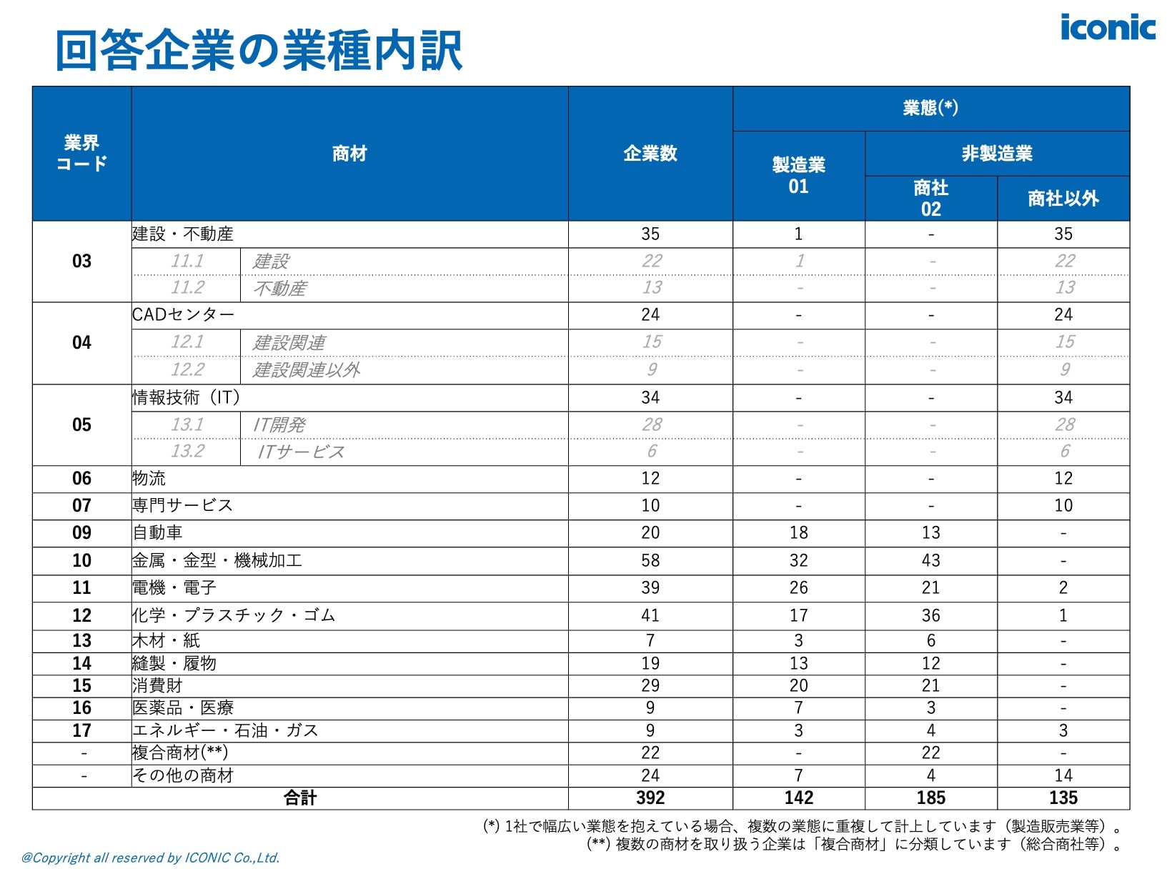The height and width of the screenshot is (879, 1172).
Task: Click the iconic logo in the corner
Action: pyautogui.click(x=1107, y=28)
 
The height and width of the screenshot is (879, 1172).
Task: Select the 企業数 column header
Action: pyautogui.click(x=650, y=154)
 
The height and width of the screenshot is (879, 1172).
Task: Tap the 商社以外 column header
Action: pyautogui.click(x=1063, y=198)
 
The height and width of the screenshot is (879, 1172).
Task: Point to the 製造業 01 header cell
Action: pyautogui.click(x=798, y=176)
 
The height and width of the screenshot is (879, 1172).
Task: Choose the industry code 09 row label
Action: pyautogui.click(x=81, y=533)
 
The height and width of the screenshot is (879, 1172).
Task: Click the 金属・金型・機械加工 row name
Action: pyautogui.click(x=217, y=560)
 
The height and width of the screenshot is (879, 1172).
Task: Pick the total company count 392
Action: pyautogui.click(x=650, y=798)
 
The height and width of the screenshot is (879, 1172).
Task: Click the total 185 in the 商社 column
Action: pyautogui.click(x=930, y=798)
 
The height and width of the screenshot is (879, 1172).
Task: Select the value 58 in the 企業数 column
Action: pyautogui.click(x=650, y=560)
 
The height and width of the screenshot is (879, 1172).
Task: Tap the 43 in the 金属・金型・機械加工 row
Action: pyautogui.click(x=930, y=560)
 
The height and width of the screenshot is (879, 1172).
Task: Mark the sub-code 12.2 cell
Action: pyautogui.click(x=187, y=369)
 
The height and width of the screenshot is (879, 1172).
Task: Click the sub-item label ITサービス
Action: pyautogui.click(x=301, y=452)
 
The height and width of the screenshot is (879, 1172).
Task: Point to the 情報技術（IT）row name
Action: pyautogui.click(x=186, y=397)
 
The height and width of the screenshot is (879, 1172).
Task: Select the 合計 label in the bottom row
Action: pyautogui.click(x=300, y=798)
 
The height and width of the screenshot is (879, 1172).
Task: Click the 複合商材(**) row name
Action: pyautogui.click(x=180, y=753)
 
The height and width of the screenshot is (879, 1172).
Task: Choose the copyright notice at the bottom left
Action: pyautogui.click(x=150, y=858)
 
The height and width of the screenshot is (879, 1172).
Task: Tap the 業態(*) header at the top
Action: pyautogui.click(x=930, y=108)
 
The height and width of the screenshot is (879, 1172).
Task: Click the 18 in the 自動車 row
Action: pyautogui.click(x=798, y=533)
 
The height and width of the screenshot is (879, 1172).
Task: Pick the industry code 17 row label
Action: pyautogui.click(x=81, y=730)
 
